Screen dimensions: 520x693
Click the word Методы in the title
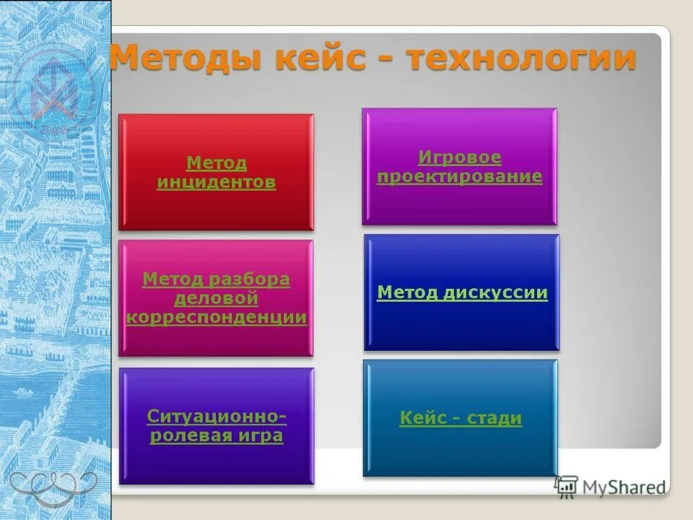coord(185,58)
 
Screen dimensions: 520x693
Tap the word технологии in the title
coord(521,58)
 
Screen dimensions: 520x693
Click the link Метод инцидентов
coord(216,173)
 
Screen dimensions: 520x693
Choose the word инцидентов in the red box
coord(216,182)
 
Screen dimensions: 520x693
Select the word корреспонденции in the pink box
coord(216,317)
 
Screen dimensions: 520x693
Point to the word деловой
coord(216,298)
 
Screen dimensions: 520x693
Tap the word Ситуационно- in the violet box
coord(216,417)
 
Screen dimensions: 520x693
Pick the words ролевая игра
coord(216,435)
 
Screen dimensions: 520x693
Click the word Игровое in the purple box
coord(459,157)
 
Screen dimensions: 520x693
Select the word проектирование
coord(459,176)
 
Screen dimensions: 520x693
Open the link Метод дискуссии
coord(462,292)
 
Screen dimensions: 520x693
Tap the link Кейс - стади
coord(461,418)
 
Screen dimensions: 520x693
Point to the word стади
coord(494,418)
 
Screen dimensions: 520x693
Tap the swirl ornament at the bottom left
coord(53,483)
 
